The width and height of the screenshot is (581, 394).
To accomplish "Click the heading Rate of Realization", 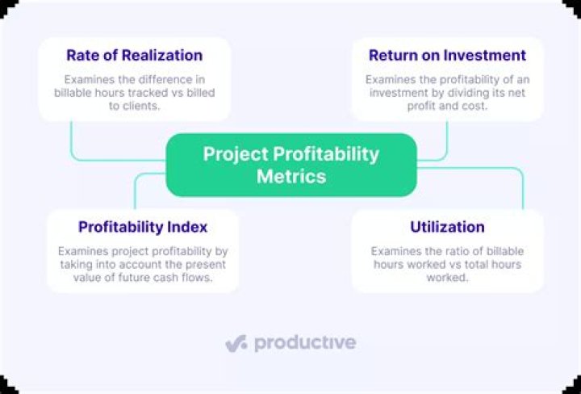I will click(x=135, y=56).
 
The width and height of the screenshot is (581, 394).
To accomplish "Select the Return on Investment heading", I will click(x=447, y=56).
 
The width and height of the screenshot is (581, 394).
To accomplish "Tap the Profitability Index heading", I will click(x=143, y=227).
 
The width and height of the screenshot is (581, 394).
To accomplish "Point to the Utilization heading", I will click(x=447, y=227).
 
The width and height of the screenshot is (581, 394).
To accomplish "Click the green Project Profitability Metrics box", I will click(x=291, y=165).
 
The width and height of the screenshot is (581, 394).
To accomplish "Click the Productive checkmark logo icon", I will click(x=236, y=343).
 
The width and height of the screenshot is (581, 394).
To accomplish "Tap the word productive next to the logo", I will click(x=305, y=343).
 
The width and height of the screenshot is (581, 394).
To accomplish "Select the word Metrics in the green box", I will click(x=291, y=176).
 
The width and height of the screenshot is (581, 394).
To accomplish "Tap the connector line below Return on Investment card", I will click(x=446, y=141).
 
